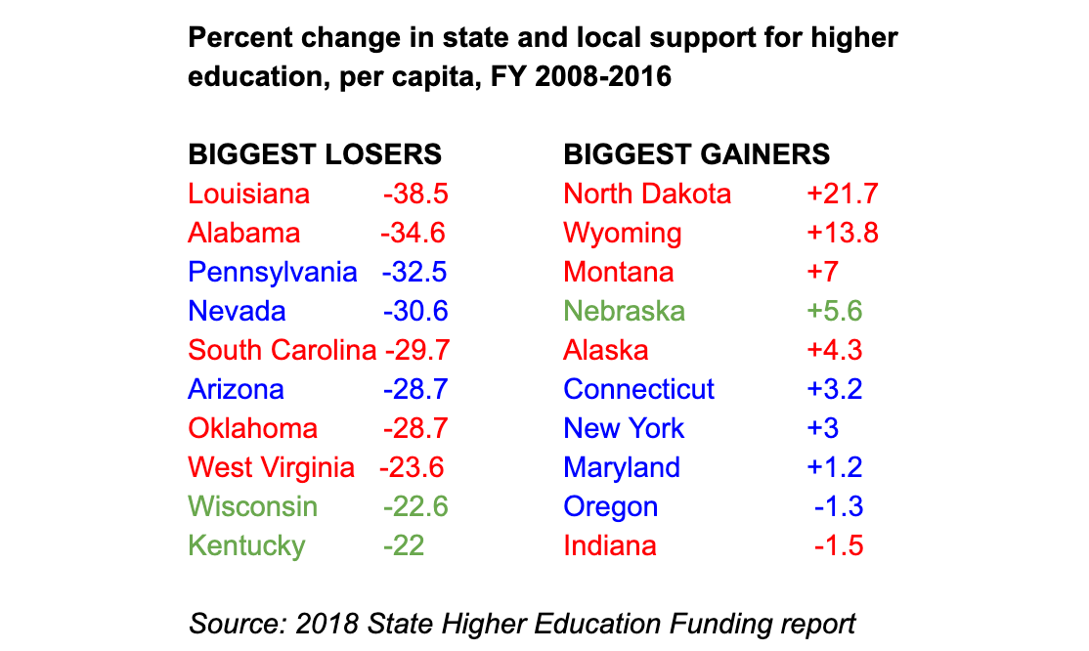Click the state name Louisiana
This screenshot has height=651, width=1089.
pos(248,194)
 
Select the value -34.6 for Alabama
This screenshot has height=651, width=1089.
pos(413,233)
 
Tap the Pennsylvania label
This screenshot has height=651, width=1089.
pos(272,272)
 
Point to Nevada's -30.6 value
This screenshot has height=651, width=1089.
pos(415,311)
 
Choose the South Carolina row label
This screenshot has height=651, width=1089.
pos(282,350)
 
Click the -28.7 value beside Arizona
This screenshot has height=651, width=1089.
pos(415,389)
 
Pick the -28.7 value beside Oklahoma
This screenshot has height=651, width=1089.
pos(415,428)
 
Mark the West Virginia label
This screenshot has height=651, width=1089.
pos(271,467)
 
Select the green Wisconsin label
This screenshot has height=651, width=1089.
pos(252,506)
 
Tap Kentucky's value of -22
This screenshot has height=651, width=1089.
pos(403,545)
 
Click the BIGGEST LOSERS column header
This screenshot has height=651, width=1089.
pos(315,154)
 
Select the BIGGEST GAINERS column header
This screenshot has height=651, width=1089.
pos(697,154)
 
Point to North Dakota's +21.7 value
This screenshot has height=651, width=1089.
pos(842,194)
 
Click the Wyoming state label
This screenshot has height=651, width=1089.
pos(623,233)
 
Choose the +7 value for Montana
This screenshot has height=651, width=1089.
pos(822,272)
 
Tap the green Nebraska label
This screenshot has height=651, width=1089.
pos(625,311)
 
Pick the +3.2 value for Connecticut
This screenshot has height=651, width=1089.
pos(834,389)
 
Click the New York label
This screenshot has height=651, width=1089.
pos(624,428)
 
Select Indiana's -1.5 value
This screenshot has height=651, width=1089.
pos(839,545)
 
